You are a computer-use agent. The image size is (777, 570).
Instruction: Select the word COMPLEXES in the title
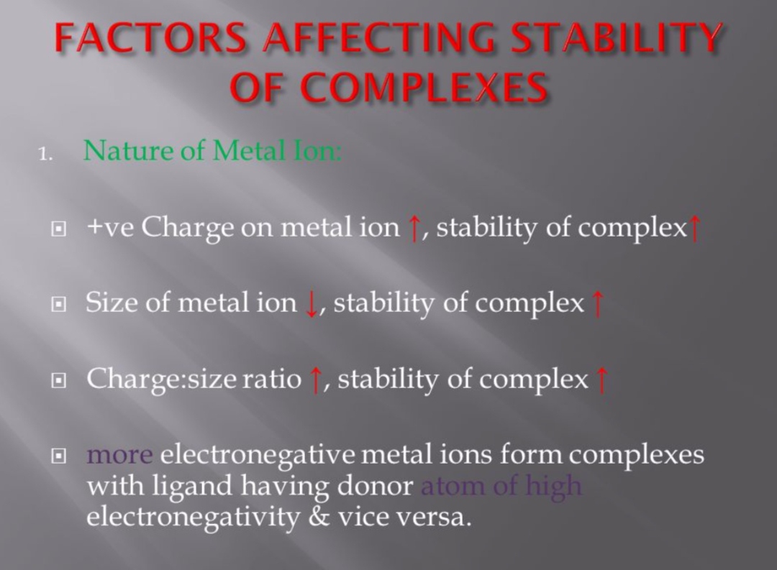tap(424, 86)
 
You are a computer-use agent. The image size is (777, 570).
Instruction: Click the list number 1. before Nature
tap(45, 155)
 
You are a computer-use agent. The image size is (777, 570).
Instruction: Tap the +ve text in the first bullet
tap(110, 228)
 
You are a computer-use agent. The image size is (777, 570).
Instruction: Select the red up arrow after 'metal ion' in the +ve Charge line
tap(413, 229)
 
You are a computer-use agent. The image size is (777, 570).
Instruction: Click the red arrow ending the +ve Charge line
tap(694, 229)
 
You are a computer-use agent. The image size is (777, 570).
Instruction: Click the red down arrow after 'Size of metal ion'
tap(312, 304)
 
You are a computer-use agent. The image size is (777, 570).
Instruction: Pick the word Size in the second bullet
tap(112, 302)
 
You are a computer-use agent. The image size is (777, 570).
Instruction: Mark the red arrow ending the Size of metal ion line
tap(598, 304)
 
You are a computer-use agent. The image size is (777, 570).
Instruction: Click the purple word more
tap(119, 454)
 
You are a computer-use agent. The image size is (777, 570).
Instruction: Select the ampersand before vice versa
tap(319, 517)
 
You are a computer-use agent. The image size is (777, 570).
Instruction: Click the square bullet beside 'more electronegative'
tap(58, 456)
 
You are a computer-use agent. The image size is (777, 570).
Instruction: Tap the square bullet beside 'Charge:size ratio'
tap(58, 380)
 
